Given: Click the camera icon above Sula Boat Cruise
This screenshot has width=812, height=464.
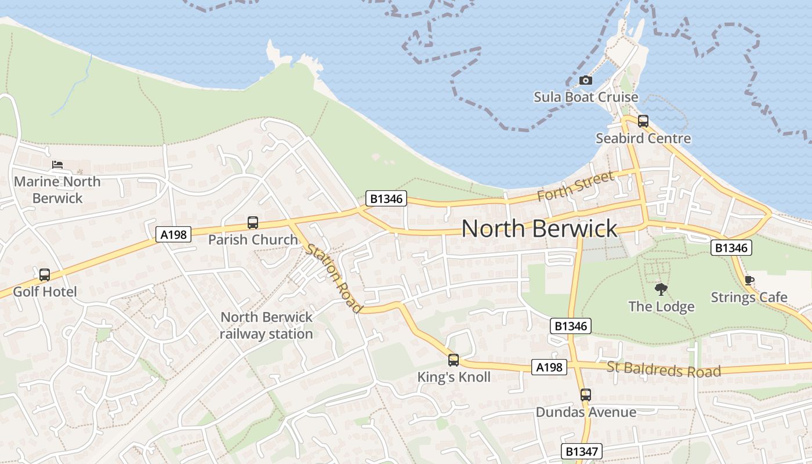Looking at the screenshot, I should click(586, 80).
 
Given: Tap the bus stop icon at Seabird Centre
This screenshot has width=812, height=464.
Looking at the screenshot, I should click(643, 121).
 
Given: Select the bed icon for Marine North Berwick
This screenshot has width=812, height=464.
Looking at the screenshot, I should click(57, 165).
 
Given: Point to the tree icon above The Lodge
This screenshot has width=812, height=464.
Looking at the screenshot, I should click(661, 289).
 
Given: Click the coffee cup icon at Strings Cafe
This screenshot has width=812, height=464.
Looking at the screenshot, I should click(749, 281).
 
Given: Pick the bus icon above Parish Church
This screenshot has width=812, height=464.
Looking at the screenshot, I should click(253, 222).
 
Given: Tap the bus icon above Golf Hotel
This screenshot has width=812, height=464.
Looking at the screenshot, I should click(45, 274).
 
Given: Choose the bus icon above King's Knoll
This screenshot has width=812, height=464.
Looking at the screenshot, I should click(454, 360).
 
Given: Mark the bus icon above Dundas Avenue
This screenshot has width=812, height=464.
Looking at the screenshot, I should click(586, 395).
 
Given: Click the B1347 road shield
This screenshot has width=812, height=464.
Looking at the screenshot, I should click(582, 451).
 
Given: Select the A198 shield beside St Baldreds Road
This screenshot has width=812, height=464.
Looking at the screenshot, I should click(549, 367).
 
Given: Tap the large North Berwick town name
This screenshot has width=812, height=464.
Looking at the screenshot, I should click(539, 229).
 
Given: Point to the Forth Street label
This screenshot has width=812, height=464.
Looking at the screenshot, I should click(575, 186).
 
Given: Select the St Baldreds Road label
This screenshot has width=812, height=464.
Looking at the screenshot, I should click(664, 369).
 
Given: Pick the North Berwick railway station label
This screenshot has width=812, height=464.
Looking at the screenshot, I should click(266, 325).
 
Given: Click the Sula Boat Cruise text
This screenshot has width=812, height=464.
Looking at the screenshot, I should click(586, 97).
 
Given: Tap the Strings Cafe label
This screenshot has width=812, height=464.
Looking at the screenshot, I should click(749, 298).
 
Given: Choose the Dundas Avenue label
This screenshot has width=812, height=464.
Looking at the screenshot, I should click(586, 412).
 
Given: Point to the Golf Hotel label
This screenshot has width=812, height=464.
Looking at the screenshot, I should click(45, 291).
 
